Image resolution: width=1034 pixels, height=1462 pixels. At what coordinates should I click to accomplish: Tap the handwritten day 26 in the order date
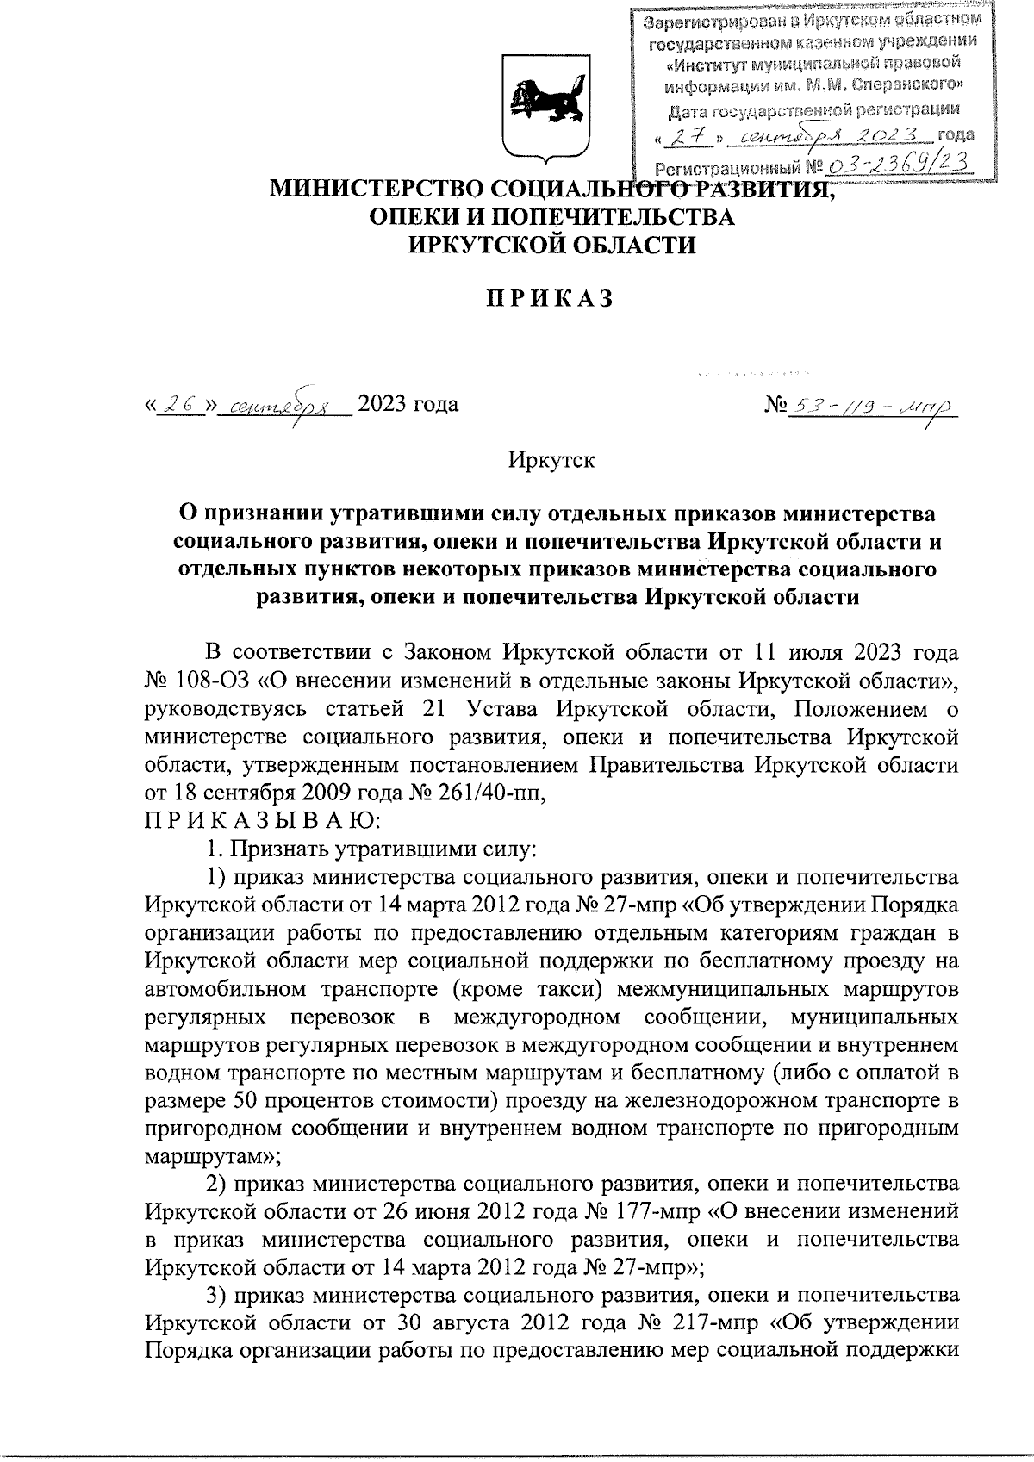(x=180, y=404)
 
